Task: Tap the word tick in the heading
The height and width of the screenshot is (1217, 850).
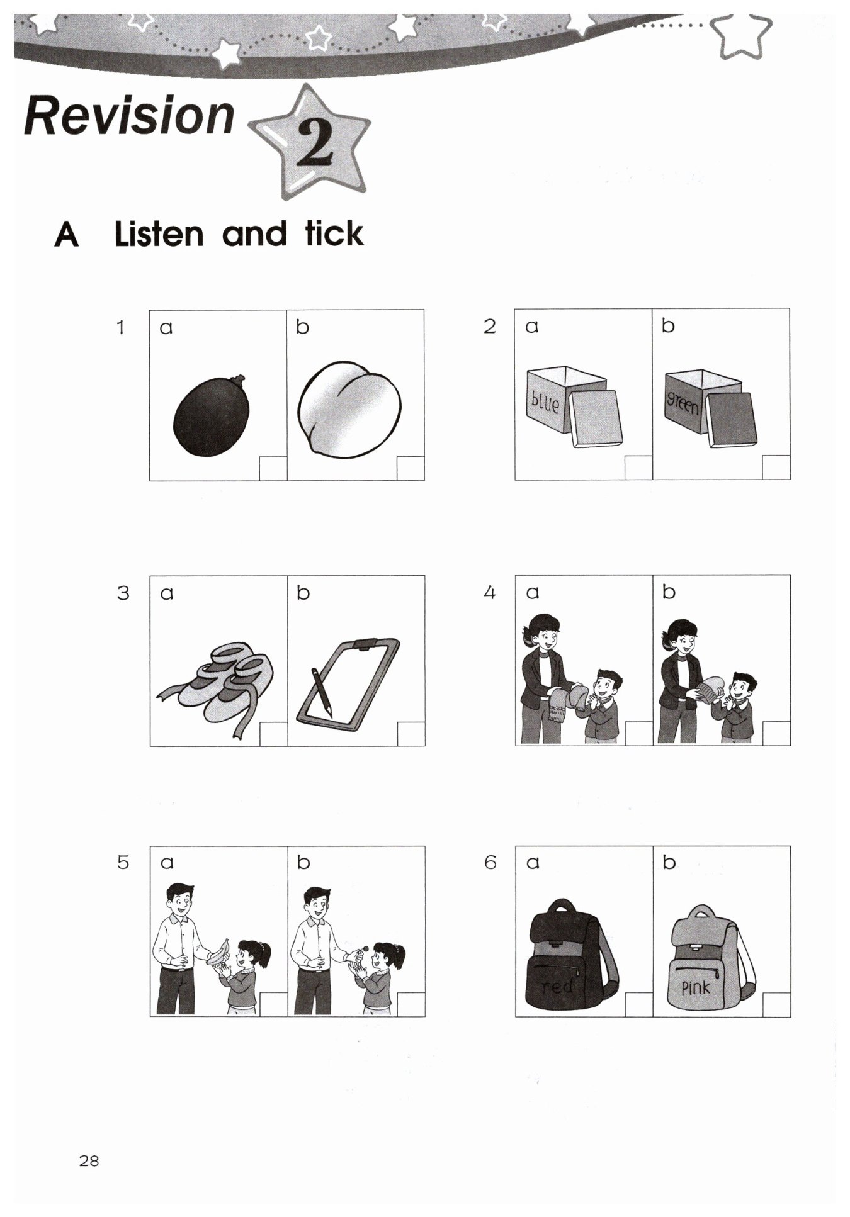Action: tap(334, 233)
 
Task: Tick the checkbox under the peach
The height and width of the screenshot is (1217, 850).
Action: tap(411, 468)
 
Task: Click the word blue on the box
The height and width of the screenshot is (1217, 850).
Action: tap(545, 401)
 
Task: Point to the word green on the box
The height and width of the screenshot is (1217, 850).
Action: tap(682, 404)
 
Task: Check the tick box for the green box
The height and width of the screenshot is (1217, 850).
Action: tap(776, 468)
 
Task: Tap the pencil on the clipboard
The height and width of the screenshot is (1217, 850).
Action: tap(321, 691)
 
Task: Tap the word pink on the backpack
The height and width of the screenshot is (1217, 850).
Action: tap(696, 987)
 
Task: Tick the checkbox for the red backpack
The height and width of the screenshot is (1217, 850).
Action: tap(639, 1005)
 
